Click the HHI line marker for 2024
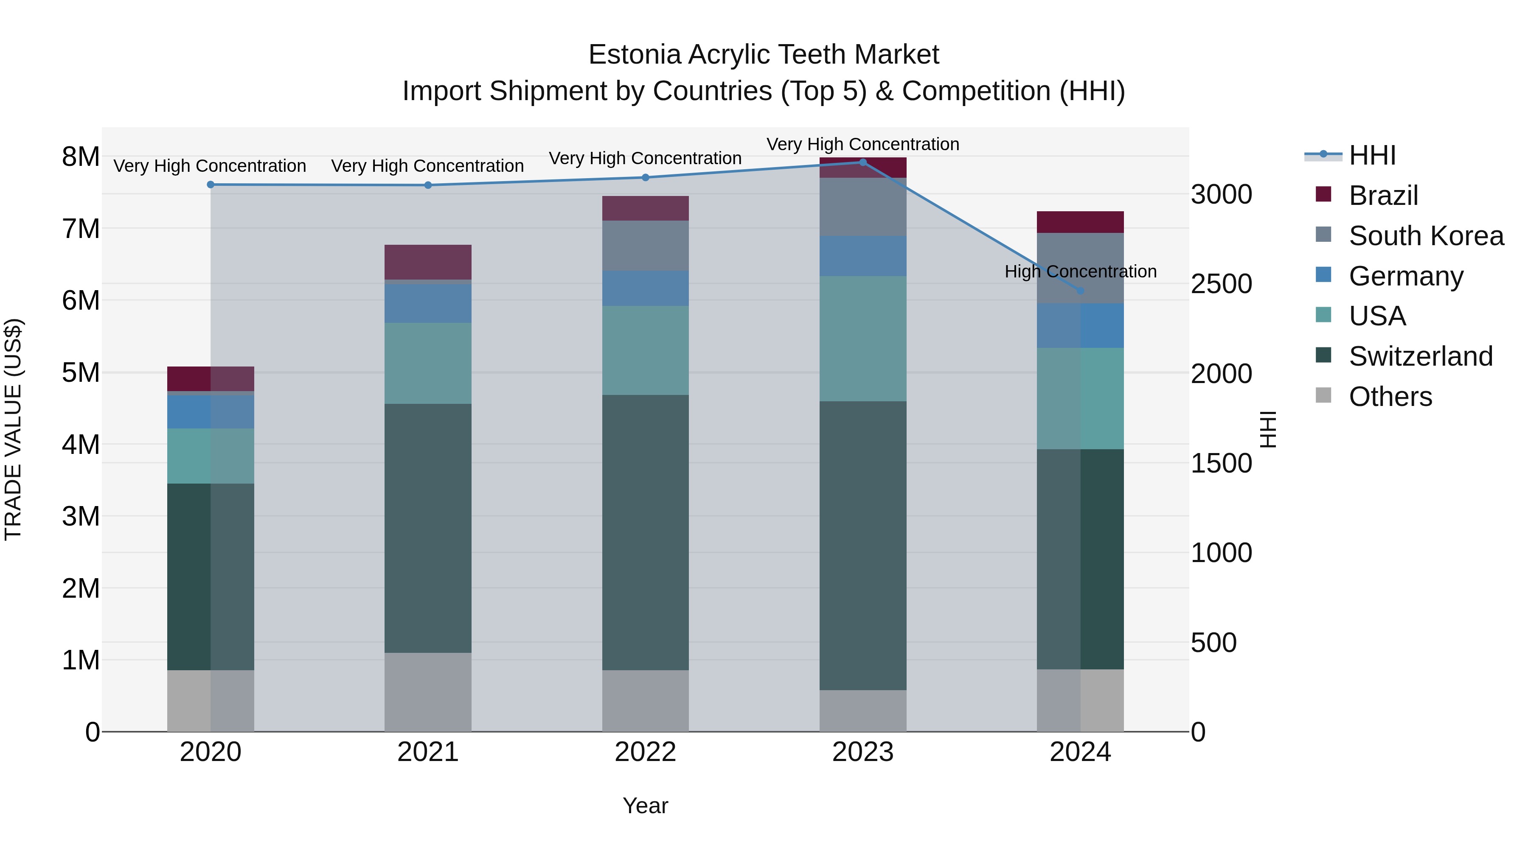(1080, 291)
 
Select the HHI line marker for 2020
(211, 185)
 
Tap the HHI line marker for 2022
(645, 177)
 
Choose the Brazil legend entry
(1383, 196)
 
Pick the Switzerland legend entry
(1420, 356)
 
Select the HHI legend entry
(1371, 155)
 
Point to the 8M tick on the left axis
(81, 157)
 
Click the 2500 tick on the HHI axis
(1221, 284)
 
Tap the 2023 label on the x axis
(862, 752)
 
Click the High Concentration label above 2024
(1080, 271)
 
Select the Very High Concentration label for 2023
(862, 144)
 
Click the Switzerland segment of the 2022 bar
(645, 532)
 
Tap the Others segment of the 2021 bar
(428, 692)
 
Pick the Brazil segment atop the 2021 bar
(428, 261)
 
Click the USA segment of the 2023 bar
(862, 339)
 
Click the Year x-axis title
(645, 806)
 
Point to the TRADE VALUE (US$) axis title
(13, 429)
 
